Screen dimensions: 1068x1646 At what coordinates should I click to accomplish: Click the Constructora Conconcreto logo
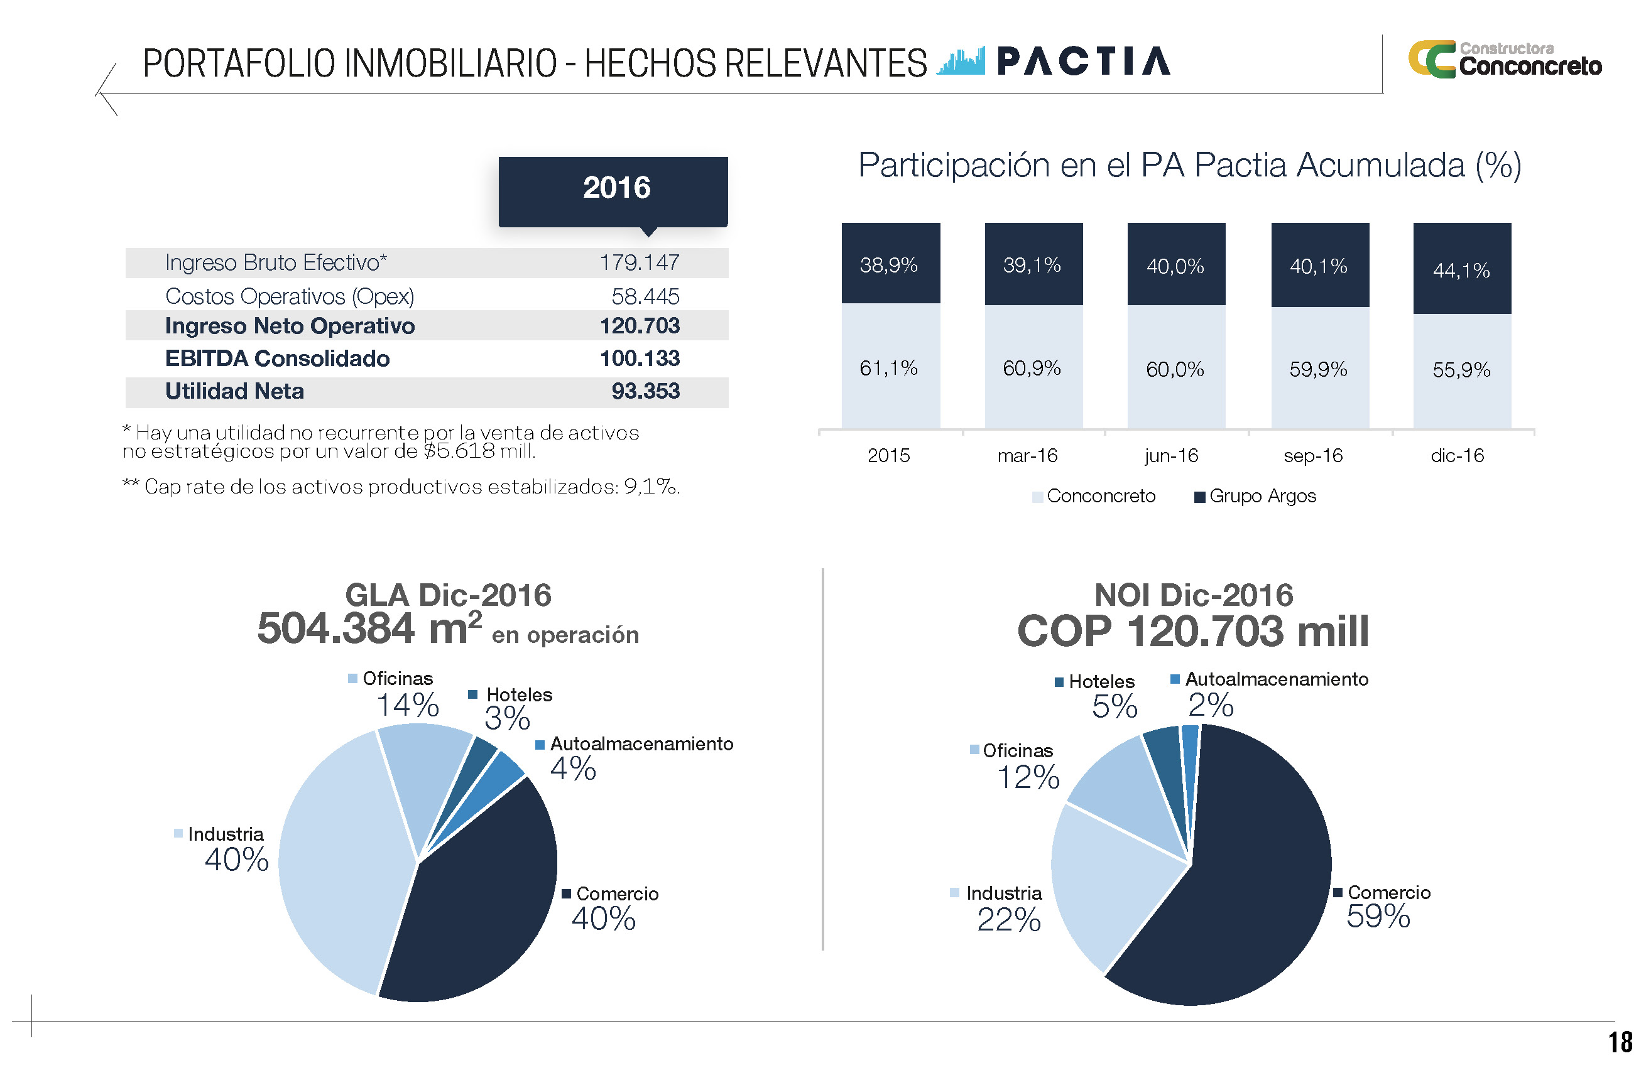tap(1504, 60)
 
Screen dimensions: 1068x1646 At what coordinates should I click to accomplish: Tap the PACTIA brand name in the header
tap(1083, 61)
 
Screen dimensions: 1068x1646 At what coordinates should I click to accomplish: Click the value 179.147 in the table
tap(639, 262)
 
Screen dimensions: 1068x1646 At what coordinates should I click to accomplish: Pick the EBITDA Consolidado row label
tap(276, 358)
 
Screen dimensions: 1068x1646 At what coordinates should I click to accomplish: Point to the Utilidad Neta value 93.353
tap(645, 391)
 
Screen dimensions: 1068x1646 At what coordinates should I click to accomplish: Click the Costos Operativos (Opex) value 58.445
tap(645, 296)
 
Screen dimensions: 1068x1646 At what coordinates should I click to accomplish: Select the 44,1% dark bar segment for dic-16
tap(1461, 269)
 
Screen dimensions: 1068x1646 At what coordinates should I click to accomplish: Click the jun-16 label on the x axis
tap(1171, 456)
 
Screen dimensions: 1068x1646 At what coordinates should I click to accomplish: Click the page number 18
tap(1619, 1042)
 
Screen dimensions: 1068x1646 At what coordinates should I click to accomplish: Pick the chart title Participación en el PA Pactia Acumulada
tap(1189, 165)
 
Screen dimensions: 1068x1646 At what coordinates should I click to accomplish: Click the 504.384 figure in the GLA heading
tap(335, 628)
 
